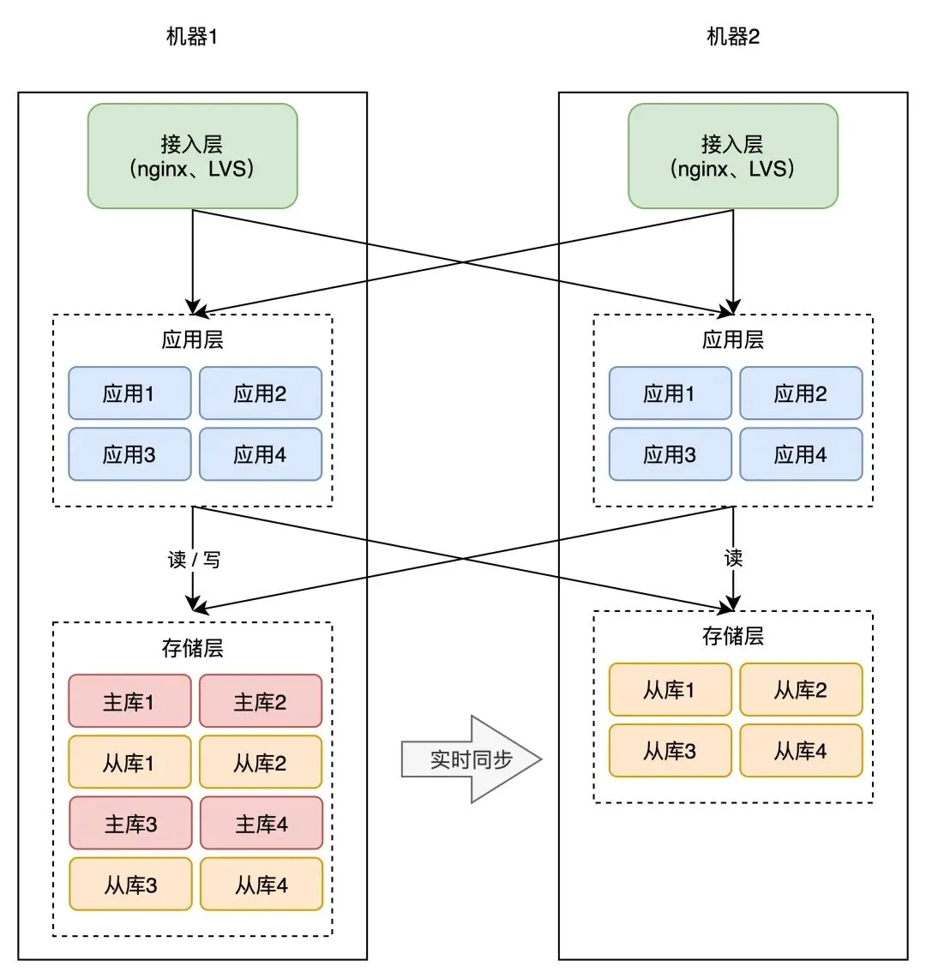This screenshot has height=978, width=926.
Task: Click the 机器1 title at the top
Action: click(x=192, y=37)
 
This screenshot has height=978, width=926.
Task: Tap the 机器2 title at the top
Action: click(x=733, y=37)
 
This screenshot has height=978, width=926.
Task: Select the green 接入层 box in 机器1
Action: click(x=193, y=156)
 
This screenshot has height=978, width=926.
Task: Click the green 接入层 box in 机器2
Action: click(x=733, y=156)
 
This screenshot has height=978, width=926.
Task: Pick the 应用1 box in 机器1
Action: click(x=129, y=393)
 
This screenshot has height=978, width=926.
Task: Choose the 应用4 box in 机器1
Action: click(x=261, y=454)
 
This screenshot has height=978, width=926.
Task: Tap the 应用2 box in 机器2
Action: click(x=801, y=393)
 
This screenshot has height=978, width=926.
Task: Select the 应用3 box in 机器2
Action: click(x=670, y=454)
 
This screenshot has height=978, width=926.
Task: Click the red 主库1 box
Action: click(x=129, y=701)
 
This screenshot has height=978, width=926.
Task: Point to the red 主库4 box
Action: click(x=261, y=824)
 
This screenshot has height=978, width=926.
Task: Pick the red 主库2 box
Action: click(x=261, y=701)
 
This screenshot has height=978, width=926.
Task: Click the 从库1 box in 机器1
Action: click(x=129, y=762)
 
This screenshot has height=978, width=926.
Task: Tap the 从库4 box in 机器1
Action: click(x=261, y=885)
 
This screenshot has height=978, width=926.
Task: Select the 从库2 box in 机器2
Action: click(x=801, y=689)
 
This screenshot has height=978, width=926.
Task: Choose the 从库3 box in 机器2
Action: click(x=670, y=751)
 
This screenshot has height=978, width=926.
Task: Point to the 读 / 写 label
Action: click(x=194, y=560)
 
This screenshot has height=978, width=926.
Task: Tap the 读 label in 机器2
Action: click(x=733, y=559)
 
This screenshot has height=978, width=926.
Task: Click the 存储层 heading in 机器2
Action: click(x=733, y=636)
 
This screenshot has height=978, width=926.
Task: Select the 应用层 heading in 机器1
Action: click(x=193, y=339)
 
